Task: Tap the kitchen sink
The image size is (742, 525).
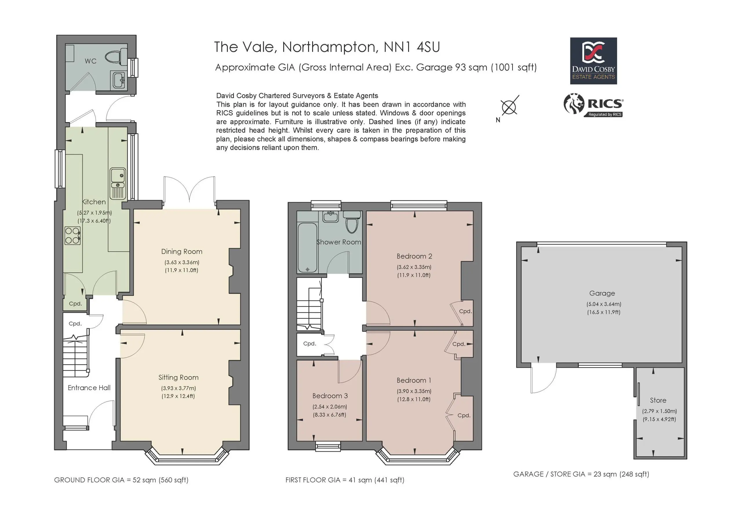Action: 118,183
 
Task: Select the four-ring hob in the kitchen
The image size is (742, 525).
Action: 72,236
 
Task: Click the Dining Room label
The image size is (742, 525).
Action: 182,251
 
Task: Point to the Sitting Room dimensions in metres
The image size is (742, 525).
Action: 178,388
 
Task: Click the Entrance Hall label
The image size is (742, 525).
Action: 89,388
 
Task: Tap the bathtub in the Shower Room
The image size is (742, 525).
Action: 307,247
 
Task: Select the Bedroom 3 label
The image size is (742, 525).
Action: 330,396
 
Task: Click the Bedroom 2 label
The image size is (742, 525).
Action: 414,256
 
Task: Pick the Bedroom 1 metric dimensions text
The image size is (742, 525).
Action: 414,391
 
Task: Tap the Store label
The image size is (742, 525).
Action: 658,400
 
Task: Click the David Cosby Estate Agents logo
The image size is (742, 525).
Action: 593,61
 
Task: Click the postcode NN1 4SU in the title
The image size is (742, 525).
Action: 411,47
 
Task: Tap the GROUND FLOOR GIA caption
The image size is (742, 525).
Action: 121,480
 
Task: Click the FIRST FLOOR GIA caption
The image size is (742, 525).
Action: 345,480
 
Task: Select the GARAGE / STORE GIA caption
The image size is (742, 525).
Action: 581,474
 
